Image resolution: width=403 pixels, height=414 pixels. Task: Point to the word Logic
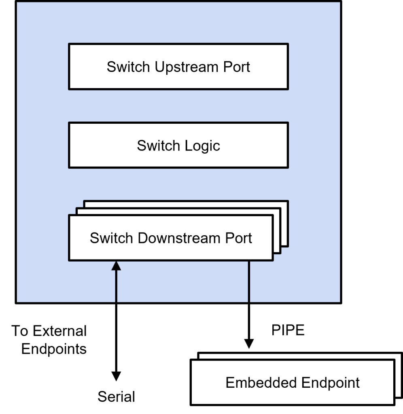[202, 146]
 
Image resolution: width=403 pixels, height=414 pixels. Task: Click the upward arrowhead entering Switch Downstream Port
[116, 266]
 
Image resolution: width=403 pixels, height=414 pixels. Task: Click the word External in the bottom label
[59, 331]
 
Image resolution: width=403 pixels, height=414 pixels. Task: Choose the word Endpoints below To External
[54, 349]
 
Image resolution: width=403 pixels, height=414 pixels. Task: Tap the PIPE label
[288, 331]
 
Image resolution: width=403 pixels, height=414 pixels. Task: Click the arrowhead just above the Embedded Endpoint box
[248, 346]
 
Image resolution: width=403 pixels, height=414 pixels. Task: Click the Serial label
[116, 397]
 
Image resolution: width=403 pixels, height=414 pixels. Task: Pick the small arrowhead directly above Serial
[116, 376]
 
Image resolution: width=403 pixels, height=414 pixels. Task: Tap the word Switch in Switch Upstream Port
[129, 67]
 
